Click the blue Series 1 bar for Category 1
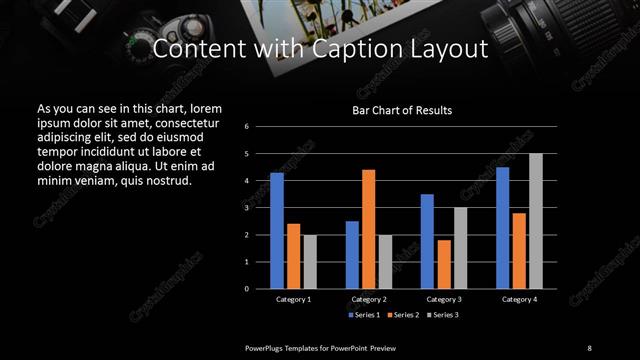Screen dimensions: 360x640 276,231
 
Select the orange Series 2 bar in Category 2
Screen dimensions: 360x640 369,229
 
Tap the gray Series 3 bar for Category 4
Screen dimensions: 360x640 536,221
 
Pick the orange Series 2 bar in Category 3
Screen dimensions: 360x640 444,264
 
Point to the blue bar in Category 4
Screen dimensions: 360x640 502,228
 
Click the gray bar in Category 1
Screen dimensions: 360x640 310,262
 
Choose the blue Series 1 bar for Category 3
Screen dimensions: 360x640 427,241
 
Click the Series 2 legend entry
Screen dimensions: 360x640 403,316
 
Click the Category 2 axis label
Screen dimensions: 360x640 369,299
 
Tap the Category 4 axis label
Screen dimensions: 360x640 519,299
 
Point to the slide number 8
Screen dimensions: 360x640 589,348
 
